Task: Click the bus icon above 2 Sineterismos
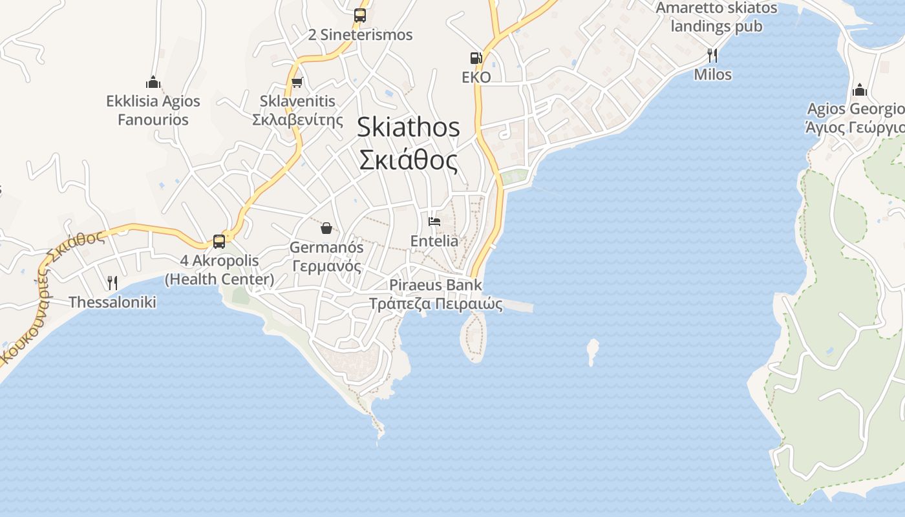[x=360, y=15]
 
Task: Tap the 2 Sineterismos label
[x=360, y=35]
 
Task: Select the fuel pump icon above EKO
[x=476, y=58]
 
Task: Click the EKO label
[x=476, y=78]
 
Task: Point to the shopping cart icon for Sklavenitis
[x=297, y=82]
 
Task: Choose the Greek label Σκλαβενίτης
[x=297, y=120]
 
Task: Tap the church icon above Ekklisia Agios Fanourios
[x=153, y=82]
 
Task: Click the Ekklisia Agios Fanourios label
[x=153, y=111]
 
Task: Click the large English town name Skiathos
[x=409, y=127]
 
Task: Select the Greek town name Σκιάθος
[x=409, y=160]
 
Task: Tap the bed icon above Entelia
[x=434, y=222]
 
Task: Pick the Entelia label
[x=434, y=241]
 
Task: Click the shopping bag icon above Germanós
[x=326, y=228]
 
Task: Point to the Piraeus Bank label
[x=436, y=285]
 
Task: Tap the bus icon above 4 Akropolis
[x=219, y=242]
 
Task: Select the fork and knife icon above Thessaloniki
[x=112, y=282]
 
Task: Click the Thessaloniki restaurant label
[x=112, y=302]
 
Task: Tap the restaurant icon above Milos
[x=712, y=55]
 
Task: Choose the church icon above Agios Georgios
[x=860, y=89]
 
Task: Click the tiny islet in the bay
[x=592, y=351]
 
